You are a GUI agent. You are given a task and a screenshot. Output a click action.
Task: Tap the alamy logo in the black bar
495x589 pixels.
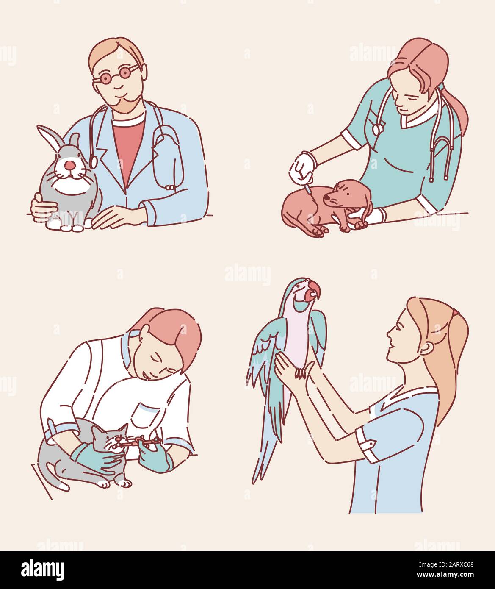tap(43, 569)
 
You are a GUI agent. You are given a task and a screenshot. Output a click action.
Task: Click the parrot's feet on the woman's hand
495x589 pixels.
tap(301, 373)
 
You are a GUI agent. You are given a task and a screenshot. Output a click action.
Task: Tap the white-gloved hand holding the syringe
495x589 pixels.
tap(303, 165)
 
